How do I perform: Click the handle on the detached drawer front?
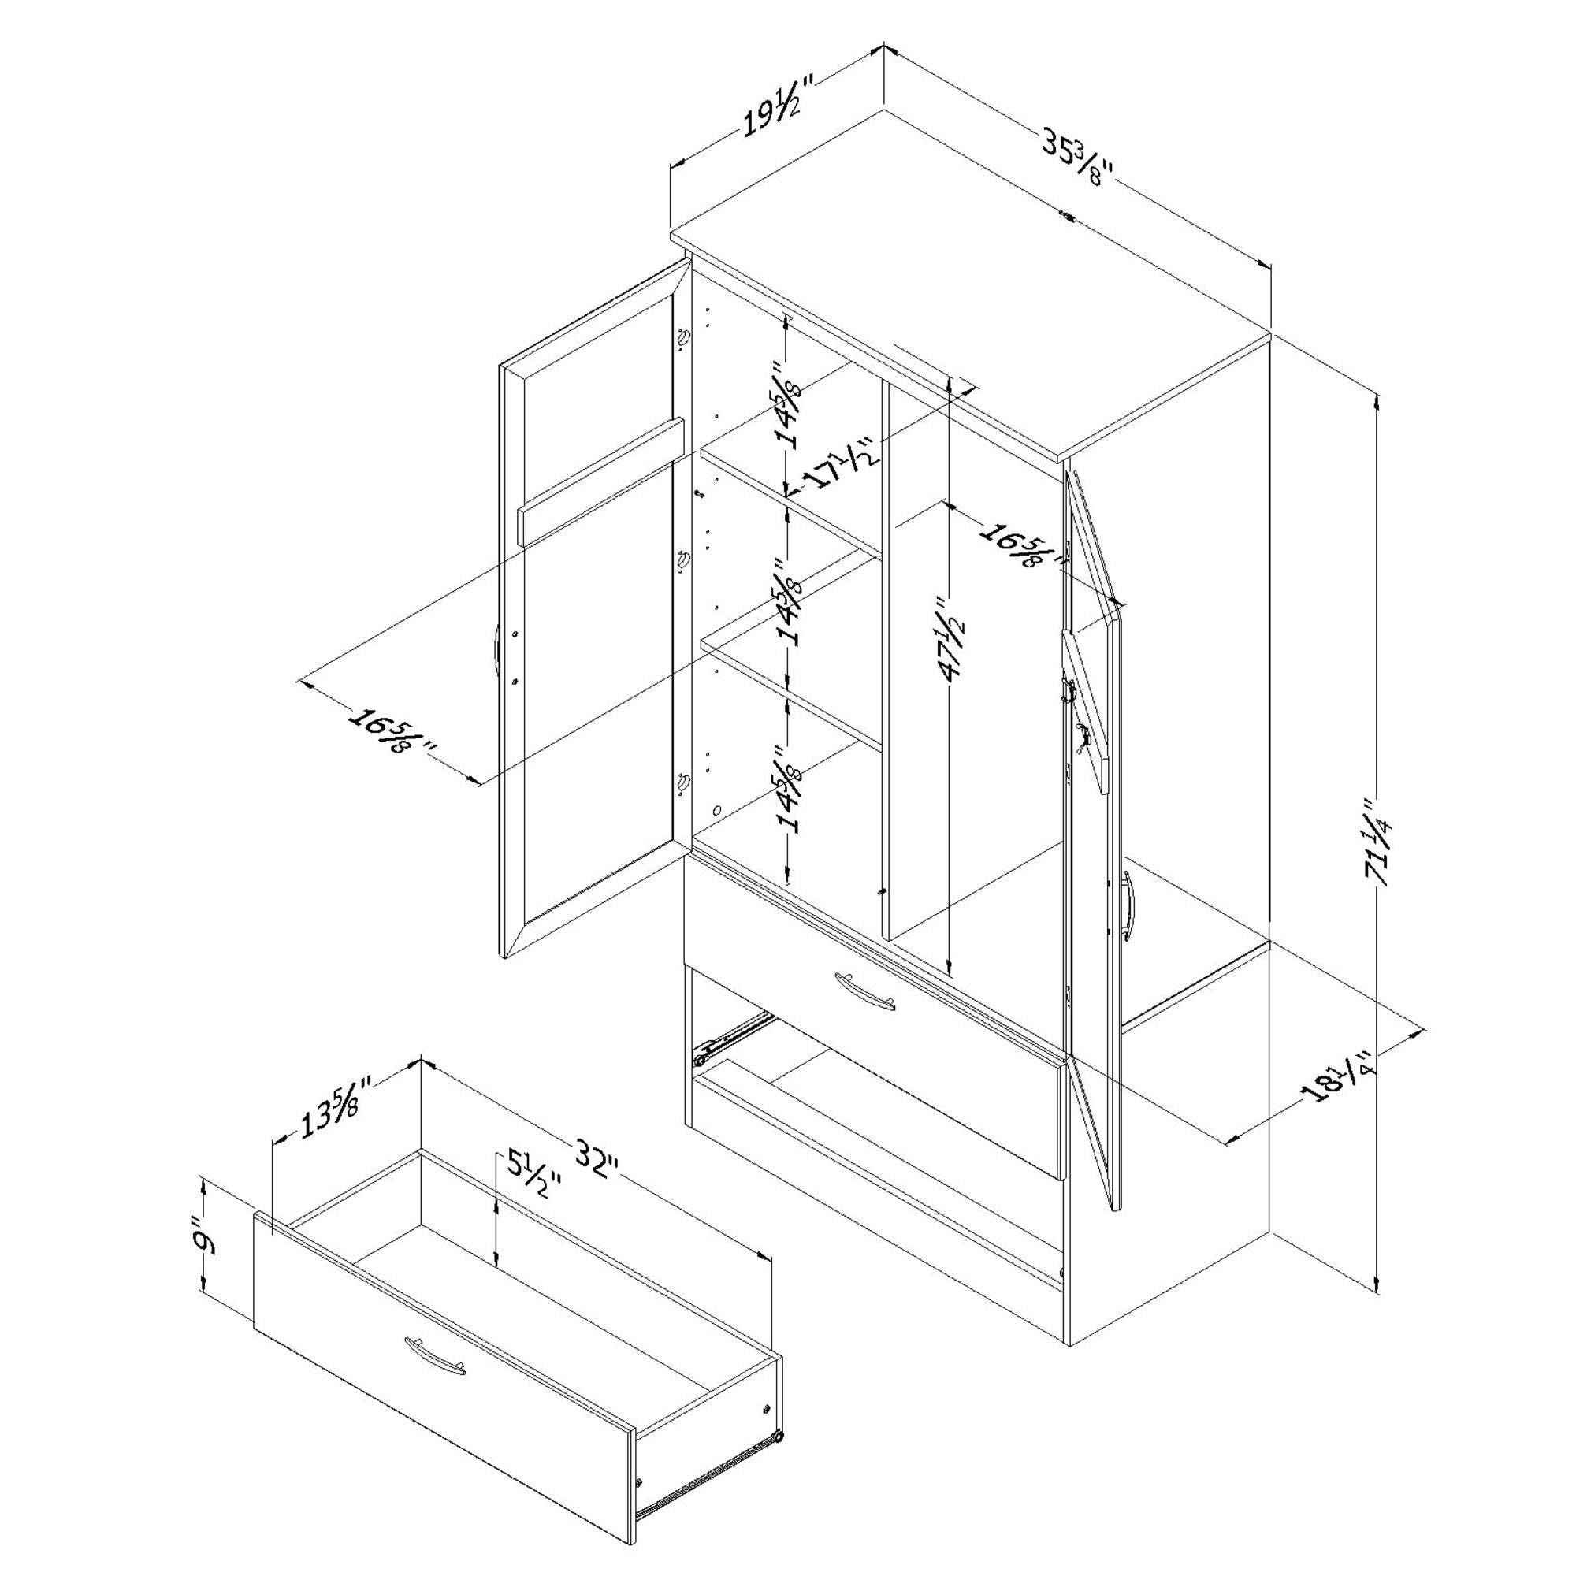pyautogui.click(x=435, y=1354)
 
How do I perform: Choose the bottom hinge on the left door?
pyautogui.click(x=683, y=782)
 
